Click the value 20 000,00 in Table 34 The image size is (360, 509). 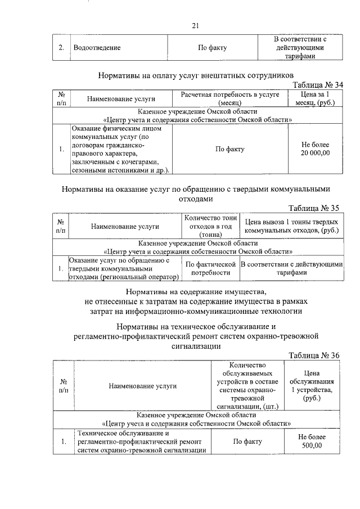tap(315, 153)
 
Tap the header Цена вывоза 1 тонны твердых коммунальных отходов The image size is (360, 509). tap(291, 226)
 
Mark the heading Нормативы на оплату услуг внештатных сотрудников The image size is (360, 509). tap(196, 74)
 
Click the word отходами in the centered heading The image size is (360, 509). tap(195, 199)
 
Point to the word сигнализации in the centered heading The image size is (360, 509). tap(195, 346)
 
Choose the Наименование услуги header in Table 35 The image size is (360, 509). tap(117, 226)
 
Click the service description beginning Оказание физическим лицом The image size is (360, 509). tap(120, 149)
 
